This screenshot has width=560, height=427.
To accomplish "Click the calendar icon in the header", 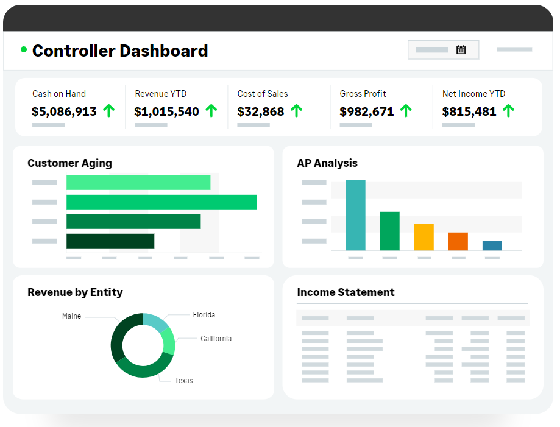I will [x=461, y=50].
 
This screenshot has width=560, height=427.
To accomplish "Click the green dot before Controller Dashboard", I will [x=24, y=49].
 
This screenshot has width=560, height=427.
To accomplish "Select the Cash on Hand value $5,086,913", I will [x=64, y=111].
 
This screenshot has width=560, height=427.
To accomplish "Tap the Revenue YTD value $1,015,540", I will [x=166, y=111].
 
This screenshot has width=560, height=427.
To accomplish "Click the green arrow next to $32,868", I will [x=296, y=111].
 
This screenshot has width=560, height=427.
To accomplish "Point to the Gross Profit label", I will [x=363, y=94].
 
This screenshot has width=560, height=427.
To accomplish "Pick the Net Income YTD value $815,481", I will [x=469, y=111].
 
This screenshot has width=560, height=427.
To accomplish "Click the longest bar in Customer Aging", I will [x=161, y=202].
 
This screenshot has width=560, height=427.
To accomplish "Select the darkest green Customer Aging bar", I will [x=110, y=241].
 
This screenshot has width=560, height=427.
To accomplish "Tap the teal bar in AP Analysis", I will [x=355, y=215].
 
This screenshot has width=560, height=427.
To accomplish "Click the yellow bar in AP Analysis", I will [x=424, y=237].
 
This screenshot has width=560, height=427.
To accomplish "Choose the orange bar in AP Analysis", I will [x=458, y=241].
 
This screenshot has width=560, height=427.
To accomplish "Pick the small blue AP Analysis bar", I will [x=492, y=245].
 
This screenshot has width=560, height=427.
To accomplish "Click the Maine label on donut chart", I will [x=71, y=316].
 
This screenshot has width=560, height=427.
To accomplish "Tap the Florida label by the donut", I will [x=204, y=315].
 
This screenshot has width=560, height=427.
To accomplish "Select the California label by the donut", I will [x=216, y=339].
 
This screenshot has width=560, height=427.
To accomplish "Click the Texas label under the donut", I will [x=183, y=381].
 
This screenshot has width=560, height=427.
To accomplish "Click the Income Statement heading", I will [x=346, y=292].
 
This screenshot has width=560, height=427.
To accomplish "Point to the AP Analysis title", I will [x=327, y=163].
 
